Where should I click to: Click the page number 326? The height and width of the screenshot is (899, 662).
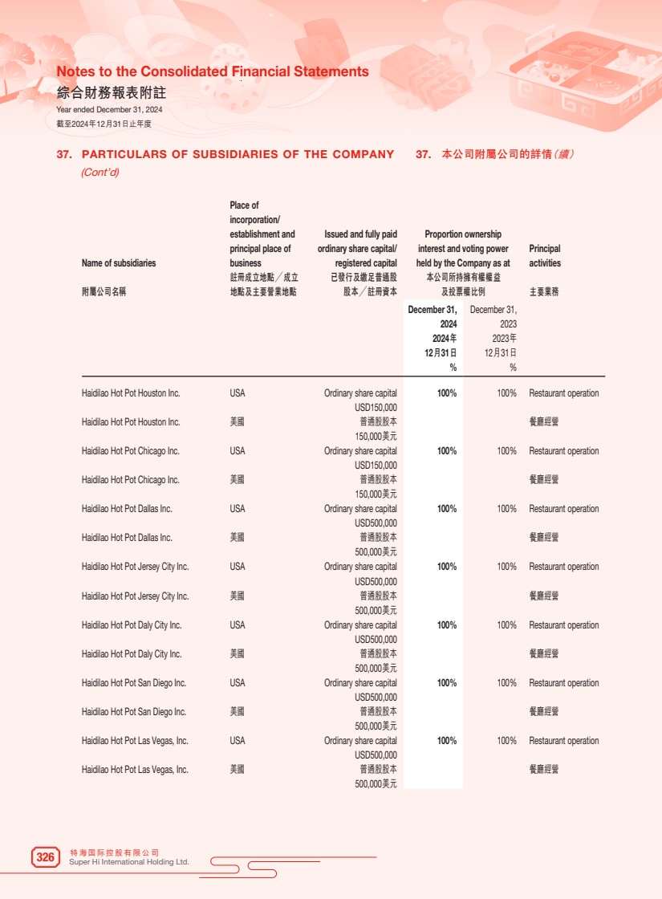(x=46, y=857)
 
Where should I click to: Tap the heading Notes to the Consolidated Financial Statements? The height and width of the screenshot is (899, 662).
(x=213, y=71)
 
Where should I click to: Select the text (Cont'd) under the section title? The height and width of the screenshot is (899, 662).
(x=100, y=173)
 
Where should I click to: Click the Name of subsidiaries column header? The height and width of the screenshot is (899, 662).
(x=119, y=263)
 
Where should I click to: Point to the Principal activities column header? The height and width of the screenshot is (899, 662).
(x=545, y=256)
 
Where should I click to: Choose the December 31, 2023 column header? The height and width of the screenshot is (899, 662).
(x=493, y=317)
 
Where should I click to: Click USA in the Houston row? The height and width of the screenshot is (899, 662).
(x=238, y=393)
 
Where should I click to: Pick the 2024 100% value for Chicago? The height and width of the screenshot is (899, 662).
(x=447, y=451)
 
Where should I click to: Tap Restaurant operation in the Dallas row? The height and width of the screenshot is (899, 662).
(x=564, y=509)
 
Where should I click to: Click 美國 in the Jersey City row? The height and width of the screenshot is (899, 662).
(x=238, y=596)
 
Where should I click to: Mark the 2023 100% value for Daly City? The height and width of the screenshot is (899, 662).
(x=506, y=625)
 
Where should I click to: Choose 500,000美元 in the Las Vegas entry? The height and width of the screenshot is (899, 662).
(x=376, y=784)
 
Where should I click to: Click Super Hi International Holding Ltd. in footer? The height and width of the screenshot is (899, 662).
(x=130, y=862)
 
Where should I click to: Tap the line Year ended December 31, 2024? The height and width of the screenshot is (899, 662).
(x=109, y=109)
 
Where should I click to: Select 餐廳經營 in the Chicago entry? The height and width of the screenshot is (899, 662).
(x=544, y=480)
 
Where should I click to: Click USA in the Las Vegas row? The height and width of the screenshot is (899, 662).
(x=238, y=741)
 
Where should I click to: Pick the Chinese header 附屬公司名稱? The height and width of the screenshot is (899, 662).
(x=104, y=292)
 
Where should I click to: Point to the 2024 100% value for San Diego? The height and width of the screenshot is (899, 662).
(x=447, y=683)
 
